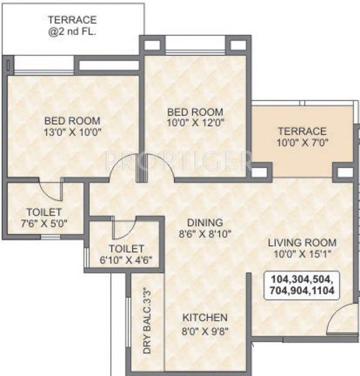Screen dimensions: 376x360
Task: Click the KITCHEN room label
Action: (x=205, y=317)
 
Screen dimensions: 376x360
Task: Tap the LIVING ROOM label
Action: (x=302, y=242)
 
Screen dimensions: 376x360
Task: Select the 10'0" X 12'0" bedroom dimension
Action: (x=194, y=124)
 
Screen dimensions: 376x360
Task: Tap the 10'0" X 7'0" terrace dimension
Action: (x=301, y=143)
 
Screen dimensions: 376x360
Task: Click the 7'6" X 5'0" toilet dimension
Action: (x=44, y=223)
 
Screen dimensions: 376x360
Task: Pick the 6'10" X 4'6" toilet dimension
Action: (x=126, y=259)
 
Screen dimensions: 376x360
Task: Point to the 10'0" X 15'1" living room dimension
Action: (x=302, y=253)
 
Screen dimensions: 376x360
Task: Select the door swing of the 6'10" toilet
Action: (x=123, y=230)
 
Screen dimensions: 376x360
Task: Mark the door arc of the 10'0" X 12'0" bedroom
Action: (x=159, y=166)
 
